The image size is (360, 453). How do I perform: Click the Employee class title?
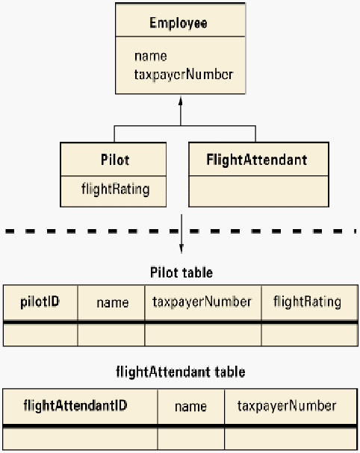178,23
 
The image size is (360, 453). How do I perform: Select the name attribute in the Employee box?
151,56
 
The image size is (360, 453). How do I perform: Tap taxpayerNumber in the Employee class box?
184,75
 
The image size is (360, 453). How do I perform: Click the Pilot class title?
115,160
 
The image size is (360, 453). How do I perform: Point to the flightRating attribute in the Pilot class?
115,190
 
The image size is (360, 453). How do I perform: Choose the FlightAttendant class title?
257,160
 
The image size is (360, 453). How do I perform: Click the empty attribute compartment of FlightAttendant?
258,191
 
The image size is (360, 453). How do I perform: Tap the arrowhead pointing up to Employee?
181,101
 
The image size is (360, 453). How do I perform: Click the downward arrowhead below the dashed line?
181,249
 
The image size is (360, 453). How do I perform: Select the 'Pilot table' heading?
181,272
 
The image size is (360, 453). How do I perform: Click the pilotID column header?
40,302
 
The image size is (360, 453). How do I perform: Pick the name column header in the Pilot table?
113,303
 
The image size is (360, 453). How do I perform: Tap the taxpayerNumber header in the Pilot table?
202,302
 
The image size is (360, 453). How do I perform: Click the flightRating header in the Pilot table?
308,302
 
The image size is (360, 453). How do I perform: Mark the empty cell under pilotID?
40,334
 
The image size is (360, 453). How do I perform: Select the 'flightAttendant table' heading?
181,372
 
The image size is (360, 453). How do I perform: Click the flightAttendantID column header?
75,406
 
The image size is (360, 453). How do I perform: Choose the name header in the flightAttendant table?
191,407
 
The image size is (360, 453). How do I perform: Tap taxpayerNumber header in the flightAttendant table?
287,406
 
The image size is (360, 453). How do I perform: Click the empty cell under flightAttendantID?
81,439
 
